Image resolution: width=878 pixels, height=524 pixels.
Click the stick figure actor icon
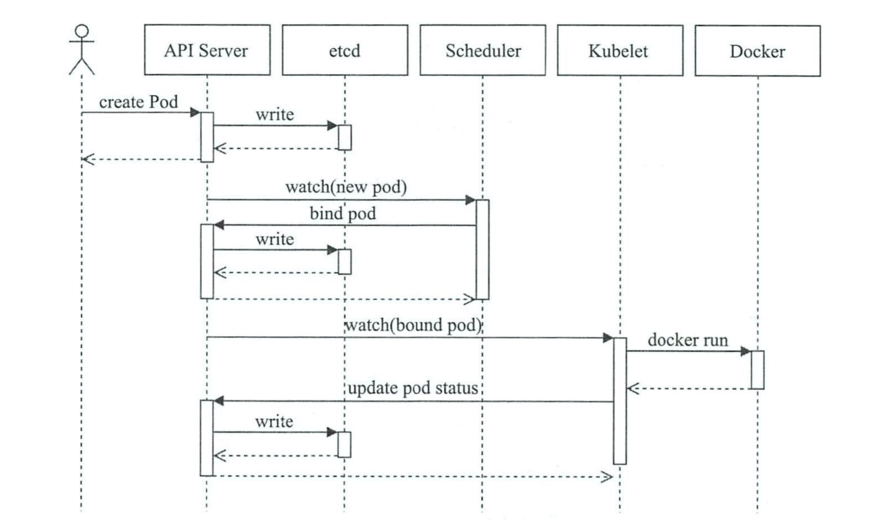point(81,49)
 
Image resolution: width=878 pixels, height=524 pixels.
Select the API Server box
point(207,50)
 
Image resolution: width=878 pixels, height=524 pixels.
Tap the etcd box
point(345,50)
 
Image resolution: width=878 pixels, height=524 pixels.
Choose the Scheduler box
point(482,50)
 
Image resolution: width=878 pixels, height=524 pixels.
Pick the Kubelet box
point(620,50)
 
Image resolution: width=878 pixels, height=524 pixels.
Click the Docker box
point(757,51)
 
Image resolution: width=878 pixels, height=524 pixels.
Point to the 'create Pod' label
point(138,102)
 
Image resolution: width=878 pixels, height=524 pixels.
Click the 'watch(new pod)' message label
point(346,187)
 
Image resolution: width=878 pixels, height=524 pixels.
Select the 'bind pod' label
point(343,214)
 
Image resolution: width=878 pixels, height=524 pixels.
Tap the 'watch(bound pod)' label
point(413,325)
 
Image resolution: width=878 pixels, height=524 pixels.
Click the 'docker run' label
point(688,340)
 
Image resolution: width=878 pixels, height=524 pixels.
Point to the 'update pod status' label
point(413,388)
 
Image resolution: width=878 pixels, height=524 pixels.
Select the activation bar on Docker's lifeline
point(757,370)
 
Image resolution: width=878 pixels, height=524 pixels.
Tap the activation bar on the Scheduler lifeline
point(482,250)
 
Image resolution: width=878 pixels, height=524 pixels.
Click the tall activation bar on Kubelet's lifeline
point(620,401)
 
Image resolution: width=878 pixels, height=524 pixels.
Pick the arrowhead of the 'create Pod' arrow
point(195,112)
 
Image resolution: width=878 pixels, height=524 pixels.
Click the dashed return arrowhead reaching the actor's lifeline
point(88,159)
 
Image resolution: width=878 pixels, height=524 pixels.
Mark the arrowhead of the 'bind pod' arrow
point(219,225)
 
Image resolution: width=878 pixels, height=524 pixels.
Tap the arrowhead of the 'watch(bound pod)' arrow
point(608,338)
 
